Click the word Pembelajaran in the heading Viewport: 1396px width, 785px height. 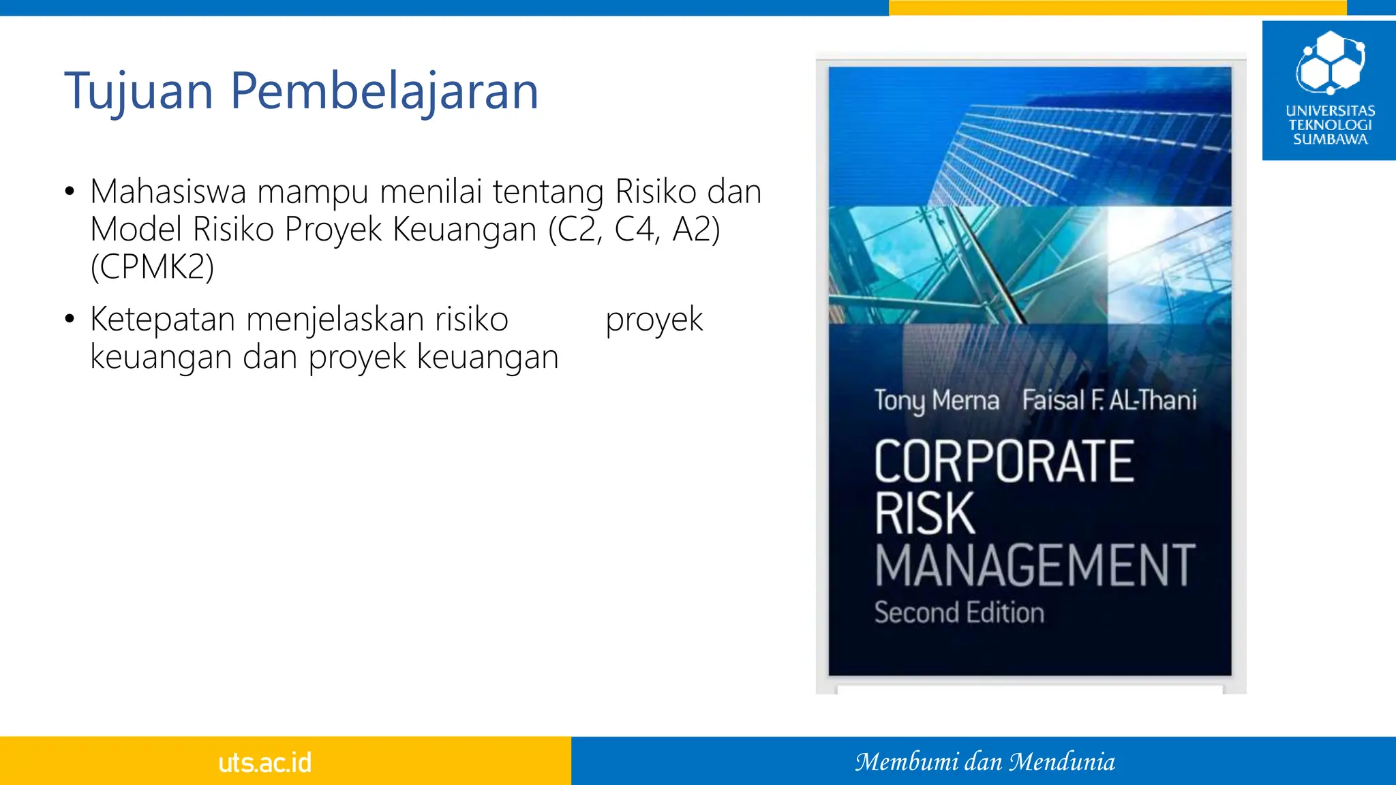[384, 91]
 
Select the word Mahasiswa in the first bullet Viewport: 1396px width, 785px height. [168, 191]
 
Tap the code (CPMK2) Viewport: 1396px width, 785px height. [152, 266]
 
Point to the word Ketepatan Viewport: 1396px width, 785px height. [162, 319]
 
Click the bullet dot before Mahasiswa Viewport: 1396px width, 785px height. [70, 191]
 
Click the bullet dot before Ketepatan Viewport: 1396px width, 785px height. [70, 319]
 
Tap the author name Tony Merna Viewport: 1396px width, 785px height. [937, 400]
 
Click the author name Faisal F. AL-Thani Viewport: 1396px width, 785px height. [1109, 400]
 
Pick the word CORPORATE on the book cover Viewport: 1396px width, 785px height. [1004, 461]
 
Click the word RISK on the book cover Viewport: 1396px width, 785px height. [925, 513]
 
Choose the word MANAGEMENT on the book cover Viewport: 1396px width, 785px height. [1035, 565]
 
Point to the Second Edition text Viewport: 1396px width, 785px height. [959, 613]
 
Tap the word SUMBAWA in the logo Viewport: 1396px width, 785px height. [1330, 140]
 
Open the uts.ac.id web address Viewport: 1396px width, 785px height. [264, 762]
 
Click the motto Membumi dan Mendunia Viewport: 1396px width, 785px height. [985, 762]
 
